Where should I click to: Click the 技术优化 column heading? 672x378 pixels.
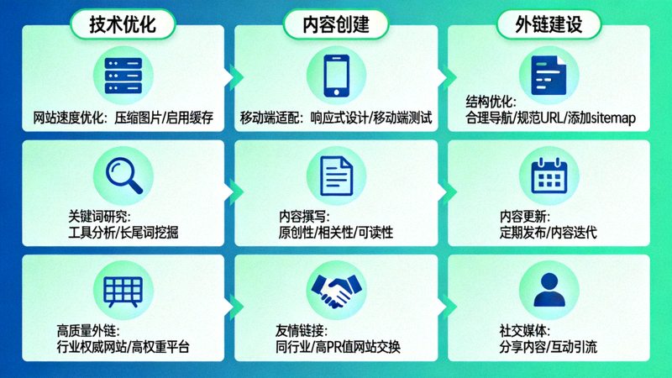[x=123, y=24]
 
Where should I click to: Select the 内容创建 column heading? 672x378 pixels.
[x=336, y=24]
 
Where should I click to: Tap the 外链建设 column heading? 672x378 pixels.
[x=549, y=24]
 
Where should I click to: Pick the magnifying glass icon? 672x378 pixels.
[x=123, y=176]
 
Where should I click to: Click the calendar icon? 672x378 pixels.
[x=549, y=176]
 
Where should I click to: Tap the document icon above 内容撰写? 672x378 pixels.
[x=336, y=176]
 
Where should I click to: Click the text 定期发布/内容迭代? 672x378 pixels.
[x=548, y=232]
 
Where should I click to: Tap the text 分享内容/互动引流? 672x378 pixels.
[x=548, y=347]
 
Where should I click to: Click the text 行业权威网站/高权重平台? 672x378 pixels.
[x=123, y=347]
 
